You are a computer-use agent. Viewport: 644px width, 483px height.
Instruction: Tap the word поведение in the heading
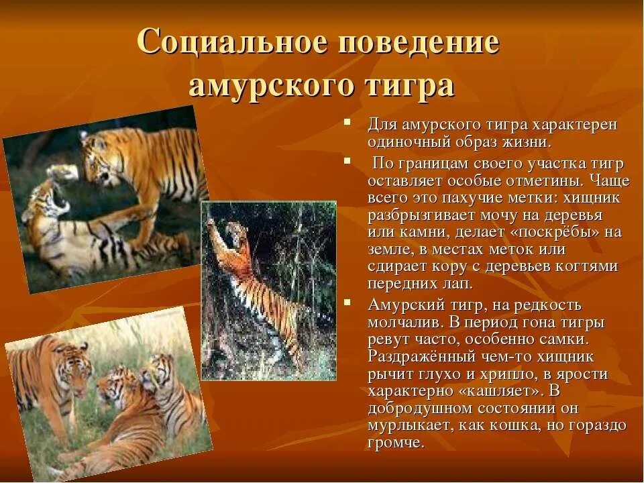pos(419,43)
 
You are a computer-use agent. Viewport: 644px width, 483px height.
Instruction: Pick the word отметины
pos(547,182)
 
